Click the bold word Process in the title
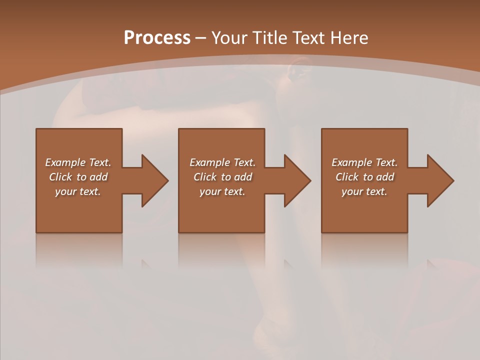click(157, 38)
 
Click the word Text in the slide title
click(310, 38)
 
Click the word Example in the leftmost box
click(65, 162)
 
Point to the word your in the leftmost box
click(65, 191)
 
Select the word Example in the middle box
click(209, 162)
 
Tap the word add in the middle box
click(243, 177)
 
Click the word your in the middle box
click(210, 191)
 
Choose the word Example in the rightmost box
click(351, 162)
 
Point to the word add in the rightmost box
click(385, 177)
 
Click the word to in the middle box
click(226, 177)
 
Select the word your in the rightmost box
click(352, 191)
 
